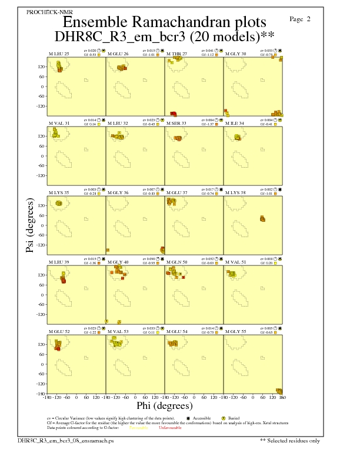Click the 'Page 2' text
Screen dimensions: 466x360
[300, 19]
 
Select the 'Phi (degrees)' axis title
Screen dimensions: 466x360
[164, 405]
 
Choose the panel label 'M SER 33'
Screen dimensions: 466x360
[176, 124]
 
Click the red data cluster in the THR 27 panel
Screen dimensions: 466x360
[174, 113]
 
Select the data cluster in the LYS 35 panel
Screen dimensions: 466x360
[58, 204]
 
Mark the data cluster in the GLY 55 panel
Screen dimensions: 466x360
[279, 391]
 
